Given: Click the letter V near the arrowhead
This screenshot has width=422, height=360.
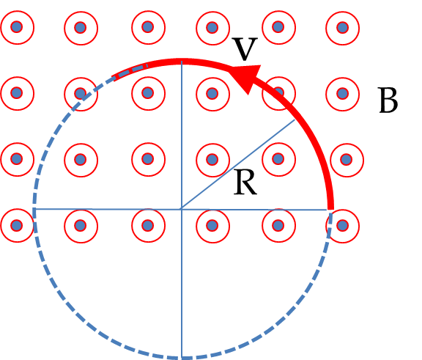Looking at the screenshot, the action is pyautogui.click(x=245, y=49).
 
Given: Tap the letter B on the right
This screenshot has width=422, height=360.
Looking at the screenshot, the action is pyautogui.click(x=388, y=100).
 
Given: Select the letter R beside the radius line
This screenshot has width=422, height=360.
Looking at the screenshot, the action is pyautogui.click(x=245, y=182).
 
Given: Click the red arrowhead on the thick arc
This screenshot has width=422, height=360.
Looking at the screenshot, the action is pyautogui.click(x=246, y=78).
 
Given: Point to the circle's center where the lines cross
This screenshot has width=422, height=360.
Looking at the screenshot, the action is pyautogui.click(x=182, y=209).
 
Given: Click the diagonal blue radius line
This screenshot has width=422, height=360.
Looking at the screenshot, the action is pyautogui.click(x=238, y=164).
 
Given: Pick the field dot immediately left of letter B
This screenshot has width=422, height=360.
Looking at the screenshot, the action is pyautogui.click(x=342, y=93).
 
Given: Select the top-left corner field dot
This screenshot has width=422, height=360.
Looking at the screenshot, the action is pyautogui.click(x=17, y=27).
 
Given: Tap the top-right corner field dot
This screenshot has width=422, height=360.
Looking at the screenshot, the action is pyautogui.click(x=342, y=27).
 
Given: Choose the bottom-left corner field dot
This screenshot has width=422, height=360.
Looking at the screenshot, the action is pyautogui.click(x=17, y=225).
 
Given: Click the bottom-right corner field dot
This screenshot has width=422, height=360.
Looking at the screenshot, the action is pyautogui.click(x=342, y=225).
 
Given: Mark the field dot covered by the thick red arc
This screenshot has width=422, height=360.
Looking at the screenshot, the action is pyautogui.click(x=278, y=92).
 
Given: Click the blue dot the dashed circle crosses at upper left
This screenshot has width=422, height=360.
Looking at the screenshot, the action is pyautogui.click(x=80, y=93).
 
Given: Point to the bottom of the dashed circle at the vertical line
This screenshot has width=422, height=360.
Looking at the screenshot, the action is pyautogui.click(x=182, y=357).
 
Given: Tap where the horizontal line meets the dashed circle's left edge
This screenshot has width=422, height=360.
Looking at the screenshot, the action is pyautogui.click(x=34, y=209).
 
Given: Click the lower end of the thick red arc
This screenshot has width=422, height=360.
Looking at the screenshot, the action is pyautogui.click(x=330, y=208).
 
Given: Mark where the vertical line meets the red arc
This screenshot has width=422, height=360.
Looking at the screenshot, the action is pyautogui.click(x=182, y=62).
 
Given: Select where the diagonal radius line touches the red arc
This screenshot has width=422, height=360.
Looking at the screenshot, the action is pyautogui.click(x=295, y=120).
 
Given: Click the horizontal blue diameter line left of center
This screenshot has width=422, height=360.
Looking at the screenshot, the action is pyautogui.click(x=108, y=209).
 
